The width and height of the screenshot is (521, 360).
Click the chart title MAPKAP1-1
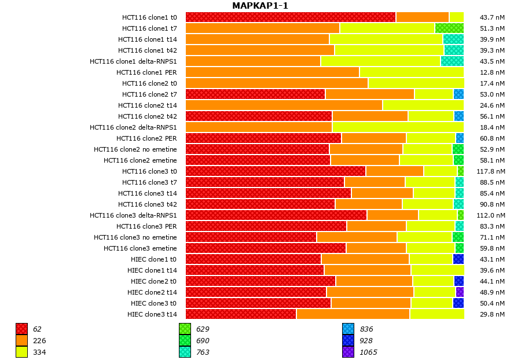260,6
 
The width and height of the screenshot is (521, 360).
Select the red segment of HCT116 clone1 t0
291,17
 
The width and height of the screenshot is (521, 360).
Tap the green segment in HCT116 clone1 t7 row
449,28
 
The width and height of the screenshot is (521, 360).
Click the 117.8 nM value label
493,171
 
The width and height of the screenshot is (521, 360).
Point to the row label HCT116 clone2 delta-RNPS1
133,127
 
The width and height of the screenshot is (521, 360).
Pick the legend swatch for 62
21,329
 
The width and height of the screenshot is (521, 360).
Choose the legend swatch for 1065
348,352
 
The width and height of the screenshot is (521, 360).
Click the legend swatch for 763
185,352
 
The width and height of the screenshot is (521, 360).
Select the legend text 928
366,341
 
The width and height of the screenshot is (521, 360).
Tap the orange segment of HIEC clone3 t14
353,314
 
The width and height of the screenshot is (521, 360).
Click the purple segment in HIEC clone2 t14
460,292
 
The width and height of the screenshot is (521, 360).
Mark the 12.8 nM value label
493,72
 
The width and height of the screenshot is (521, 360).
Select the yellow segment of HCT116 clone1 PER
412,72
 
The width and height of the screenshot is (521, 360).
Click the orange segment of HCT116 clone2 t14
284,105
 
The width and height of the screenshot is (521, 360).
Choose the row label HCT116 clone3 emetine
140,248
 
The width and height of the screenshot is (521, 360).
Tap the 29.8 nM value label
493,314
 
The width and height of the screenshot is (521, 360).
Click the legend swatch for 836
348,329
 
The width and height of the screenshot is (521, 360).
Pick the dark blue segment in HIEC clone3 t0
458,303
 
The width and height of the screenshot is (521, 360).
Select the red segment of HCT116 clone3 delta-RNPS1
276,215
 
